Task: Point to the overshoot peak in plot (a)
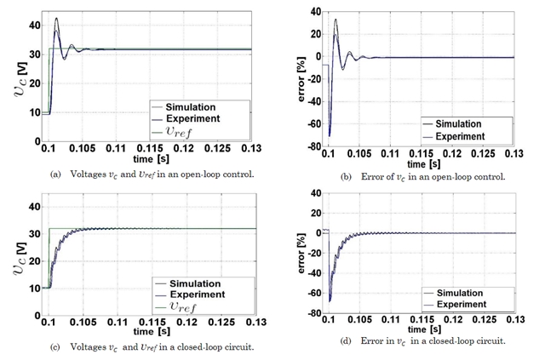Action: (56, 19)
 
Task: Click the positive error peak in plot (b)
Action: (336, 20)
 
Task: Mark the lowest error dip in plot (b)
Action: (330, 134)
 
